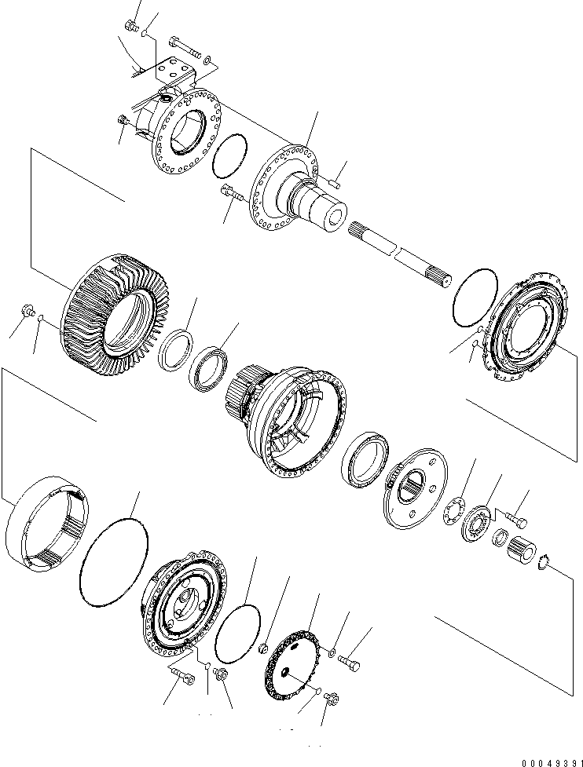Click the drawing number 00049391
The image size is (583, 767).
click(x=552, y=762)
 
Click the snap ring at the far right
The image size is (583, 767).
click(x=542, y=563)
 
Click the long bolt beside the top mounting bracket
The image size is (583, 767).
click(x=185, y=46)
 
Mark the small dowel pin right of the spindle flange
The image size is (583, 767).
click(x=335, y=184)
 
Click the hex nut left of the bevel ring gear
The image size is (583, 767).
click(x=27, y=309)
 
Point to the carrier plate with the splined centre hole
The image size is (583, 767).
click(x=415, y=488)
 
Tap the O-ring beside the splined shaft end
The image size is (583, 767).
click(x=475, y=298)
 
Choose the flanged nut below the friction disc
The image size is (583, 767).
click(x=332, y=697)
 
